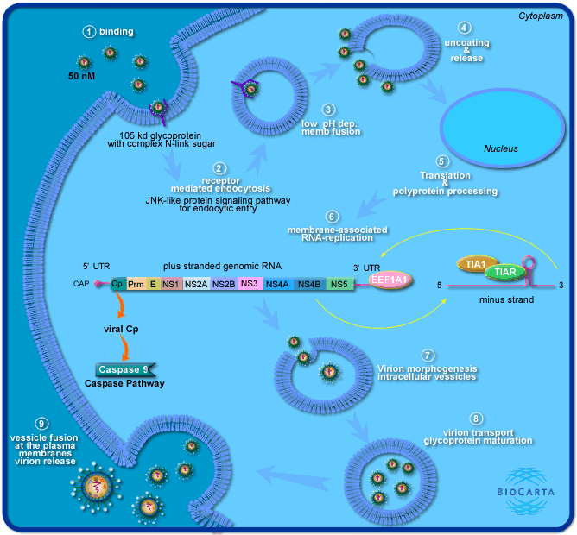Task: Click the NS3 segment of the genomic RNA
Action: (x=250, y=283)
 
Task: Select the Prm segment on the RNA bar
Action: (x=136, y=283)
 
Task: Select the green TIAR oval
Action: (x=504, y=272)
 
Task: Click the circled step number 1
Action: (x=88, y=32)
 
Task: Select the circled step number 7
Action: (x=427, y=356)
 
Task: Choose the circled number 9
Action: (x=41, y=424)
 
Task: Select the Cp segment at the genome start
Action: (x=117, y=283)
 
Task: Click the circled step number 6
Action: (x=331, y=216)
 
